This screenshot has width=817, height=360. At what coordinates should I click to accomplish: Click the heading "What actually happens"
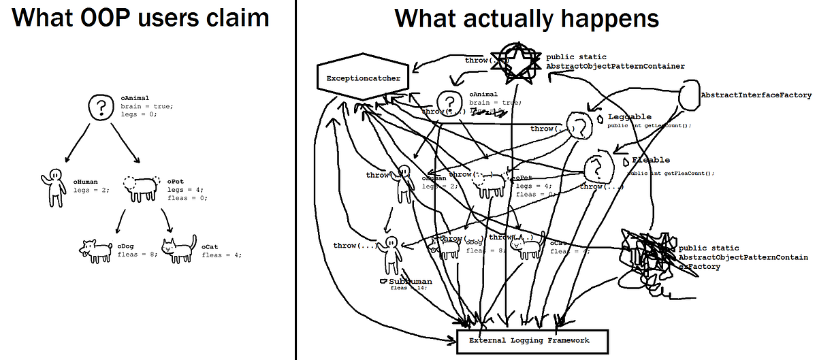pos(526,18)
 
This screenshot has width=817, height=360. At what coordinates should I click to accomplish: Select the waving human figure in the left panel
pos(54,187)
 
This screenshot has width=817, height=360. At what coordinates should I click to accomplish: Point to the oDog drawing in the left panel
pos(96,250)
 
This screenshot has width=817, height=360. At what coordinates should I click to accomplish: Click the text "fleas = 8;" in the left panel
pos(137,255)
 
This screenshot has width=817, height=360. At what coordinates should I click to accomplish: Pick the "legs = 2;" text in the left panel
pos(91,191)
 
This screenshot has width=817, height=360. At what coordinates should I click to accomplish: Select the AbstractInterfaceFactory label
pos(756,95)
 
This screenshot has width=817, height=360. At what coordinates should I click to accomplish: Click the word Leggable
pos(629,117)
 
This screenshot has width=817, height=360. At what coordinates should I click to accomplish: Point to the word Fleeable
pos(651,161)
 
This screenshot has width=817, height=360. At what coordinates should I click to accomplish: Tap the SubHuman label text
pos(411,280)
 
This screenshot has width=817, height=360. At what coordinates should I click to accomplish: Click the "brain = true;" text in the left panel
pos(147,106)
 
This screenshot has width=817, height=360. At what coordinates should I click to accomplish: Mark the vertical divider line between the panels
pos(295,180)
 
